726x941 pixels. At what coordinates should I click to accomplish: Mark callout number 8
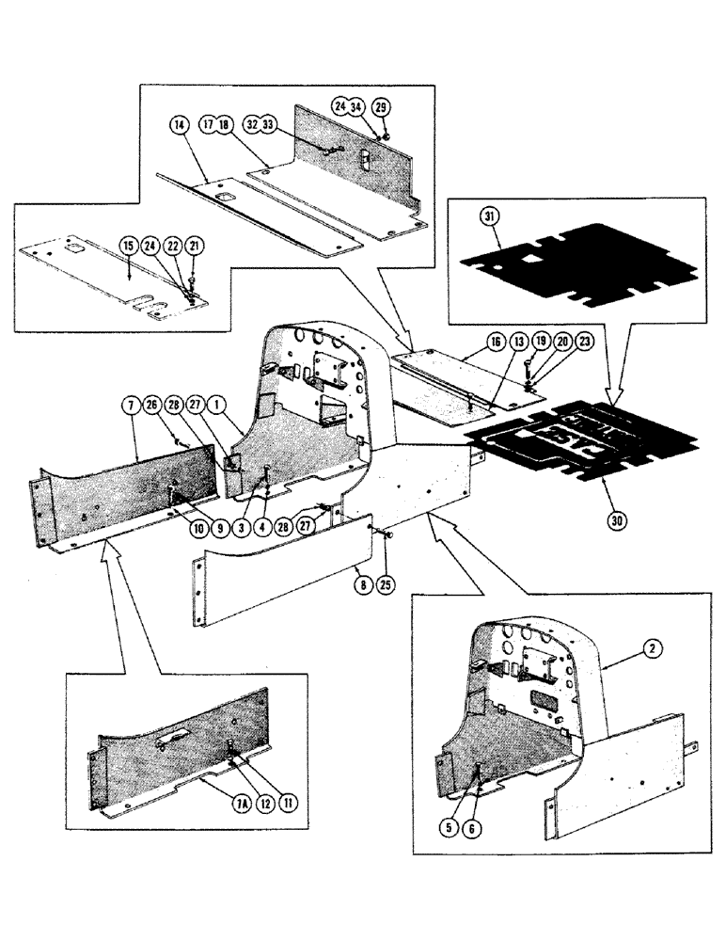360,571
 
